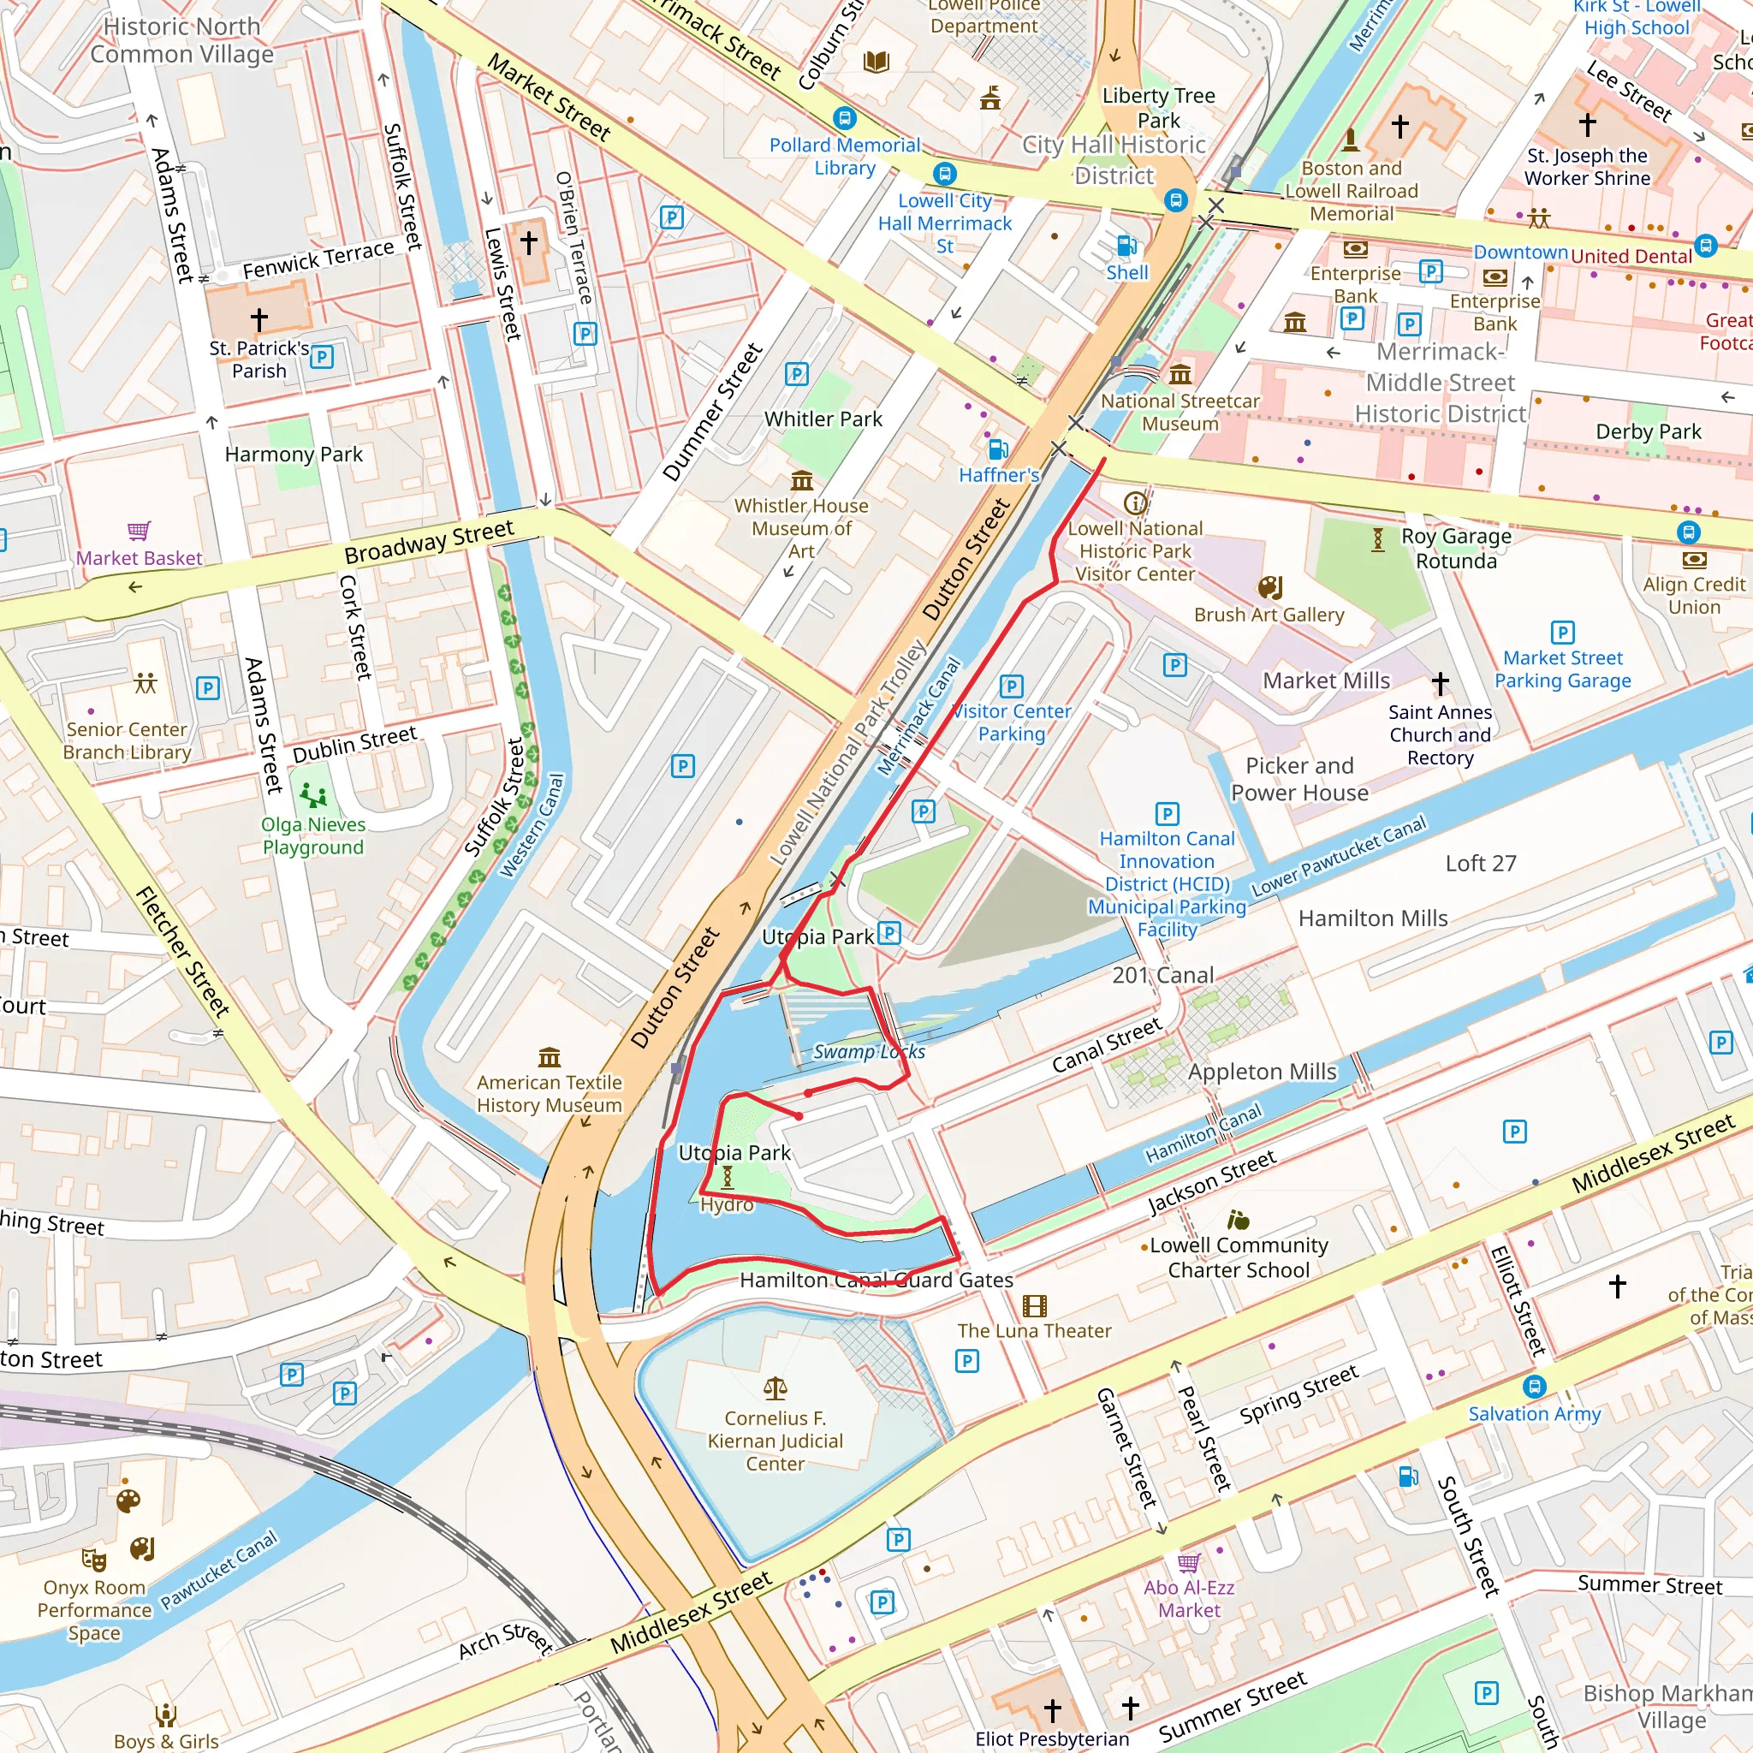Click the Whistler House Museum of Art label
point(801,528)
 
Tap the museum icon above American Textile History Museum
point(549,1057)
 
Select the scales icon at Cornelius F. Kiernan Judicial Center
point(775,1388)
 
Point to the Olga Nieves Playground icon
point(313,796)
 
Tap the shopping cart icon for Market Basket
point(139,531)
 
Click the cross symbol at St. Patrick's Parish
point(259,319)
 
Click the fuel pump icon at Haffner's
point(997,449)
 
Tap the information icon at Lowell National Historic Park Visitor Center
point(1134,502)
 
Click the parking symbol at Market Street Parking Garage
point(1562,632)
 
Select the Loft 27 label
point(1481,863)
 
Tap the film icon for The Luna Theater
point(1034,1305)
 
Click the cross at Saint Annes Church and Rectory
point(1440,683)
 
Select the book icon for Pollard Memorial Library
point(876,62)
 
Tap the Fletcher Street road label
point(182,951)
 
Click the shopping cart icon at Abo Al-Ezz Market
point(1189,1562)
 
